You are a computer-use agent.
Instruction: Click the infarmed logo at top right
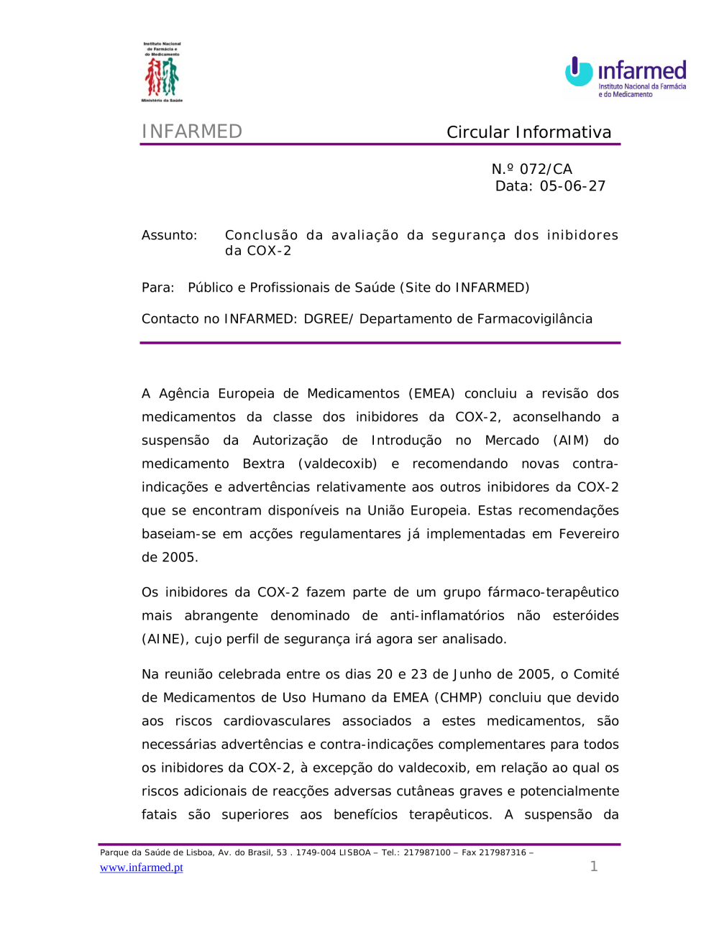tap(626, 76)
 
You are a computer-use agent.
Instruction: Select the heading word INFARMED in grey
tap(192, 132)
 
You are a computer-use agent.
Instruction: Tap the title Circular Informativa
tap(528, 132)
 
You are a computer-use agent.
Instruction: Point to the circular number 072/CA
tap(546, 169)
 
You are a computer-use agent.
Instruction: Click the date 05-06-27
tap(572, 186)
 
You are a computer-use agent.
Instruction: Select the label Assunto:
tap(169, 235)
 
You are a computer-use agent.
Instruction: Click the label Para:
tap(158, 287)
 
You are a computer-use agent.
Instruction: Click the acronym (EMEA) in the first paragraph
tap(431, 394)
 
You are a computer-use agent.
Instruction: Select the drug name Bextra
tap(263, 464)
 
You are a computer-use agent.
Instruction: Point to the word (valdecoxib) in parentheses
tap(337, 464)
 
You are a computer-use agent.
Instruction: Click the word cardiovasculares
tap(277, 721)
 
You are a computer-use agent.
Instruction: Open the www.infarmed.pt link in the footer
tap(142, 867)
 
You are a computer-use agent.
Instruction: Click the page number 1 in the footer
tap(594, 866)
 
